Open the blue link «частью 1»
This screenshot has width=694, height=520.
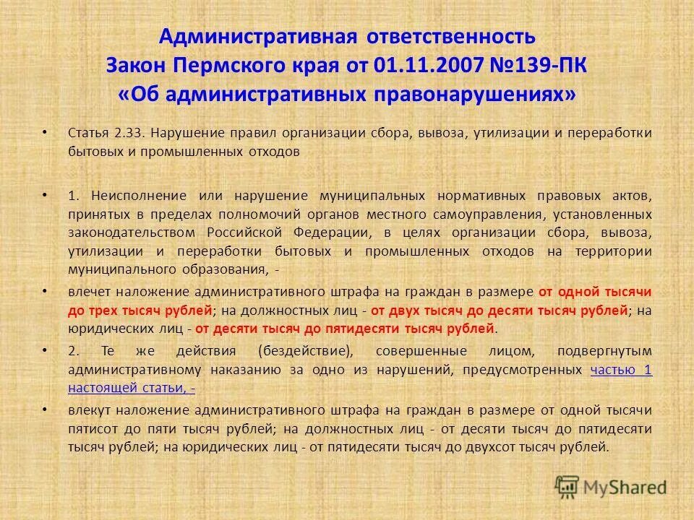coord(621,370)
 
